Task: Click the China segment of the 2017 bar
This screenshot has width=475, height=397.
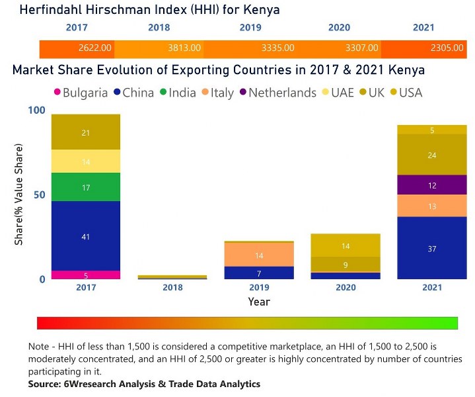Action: tap(86, 236)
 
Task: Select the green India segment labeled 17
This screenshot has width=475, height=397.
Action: tap(86, 187)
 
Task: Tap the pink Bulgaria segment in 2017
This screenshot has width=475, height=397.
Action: tap(86, 275)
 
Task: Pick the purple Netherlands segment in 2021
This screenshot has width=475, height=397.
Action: tap(431, 185)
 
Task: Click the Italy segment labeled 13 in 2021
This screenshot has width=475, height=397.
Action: tap(431, 206)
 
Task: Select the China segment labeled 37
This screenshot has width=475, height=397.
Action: tap(431, 248)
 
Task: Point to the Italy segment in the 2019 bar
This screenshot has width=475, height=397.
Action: tap(258, 255)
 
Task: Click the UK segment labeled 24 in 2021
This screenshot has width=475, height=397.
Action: tap(431, 155)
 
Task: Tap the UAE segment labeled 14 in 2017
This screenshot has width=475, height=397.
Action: tap(86, 161)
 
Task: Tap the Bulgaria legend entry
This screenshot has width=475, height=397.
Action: tap(79, 93)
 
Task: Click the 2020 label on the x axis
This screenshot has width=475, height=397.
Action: tap(346, 287)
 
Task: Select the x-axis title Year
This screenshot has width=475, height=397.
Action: tap(258, 302)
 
